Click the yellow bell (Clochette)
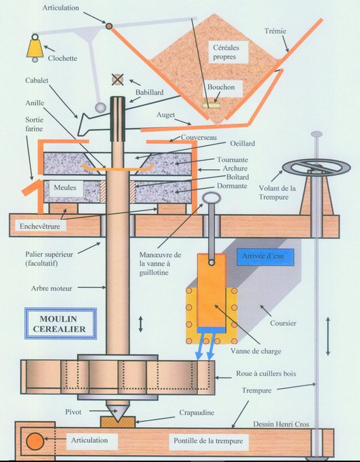tap(35, 49)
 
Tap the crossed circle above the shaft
tap(117, 79)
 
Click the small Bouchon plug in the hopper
tap(212, 105)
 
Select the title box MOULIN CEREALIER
tap(61, 324)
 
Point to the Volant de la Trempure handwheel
tap(317, 167)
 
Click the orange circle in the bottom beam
tap(35, 441)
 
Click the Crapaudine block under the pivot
tap(118, 422)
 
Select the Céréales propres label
tap(226, 52)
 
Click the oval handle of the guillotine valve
tap(212, 198)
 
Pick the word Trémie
tap(275, 31)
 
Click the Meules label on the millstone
tap(65, 188)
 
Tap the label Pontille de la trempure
tap(208, 441)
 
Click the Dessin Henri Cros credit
tap(281, 424)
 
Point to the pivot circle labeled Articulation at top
tap(109, 26)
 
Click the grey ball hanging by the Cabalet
tap(101, 107)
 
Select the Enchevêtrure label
tap(40, 226)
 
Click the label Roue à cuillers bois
tap(266, 374)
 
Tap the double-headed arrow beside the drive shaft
tap(141, 324)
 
